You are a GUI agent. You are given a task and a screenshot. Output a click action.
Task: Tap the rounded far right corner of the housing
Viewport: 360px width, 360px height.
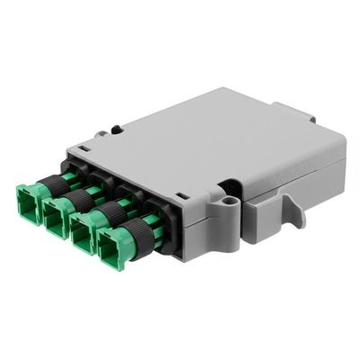pyautogui.click(x=338, y=148)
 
